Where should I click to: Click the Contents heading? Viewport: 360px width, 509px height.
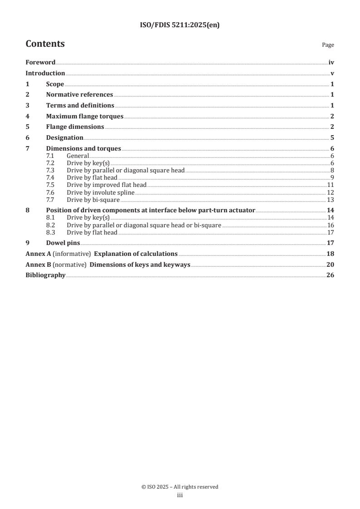[x=45, y=44]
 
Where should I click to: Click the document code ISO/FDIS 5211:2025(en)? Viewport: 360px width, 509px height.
[x=180, y=25]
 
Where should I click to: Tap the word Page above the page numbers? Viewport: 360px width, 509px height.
[x=328, y=45]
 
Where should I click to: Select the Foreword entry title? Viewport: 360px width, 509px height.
[x=40, y=63]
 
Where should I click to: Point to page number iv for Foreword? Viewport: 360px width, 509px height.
[x=331, y=63]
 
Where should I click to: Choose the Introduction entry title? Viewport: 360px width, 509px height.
[x=45, y=73]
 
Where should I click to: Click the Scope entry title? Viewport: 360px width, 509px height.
[x=55, y=84]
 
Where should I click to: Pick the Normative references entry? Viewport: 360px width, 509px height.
[x=79, y=95]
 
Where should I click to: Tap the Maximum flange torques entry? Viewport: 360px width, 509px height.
[x=84, y=116]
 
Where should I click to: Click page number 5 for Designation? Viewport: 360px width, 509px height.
[x=332, y=137]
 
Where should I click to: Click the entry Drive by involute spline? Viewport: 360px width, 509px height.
[x=100, y=193]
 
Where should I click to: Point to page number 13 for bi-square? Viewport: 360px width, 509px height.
[x=330, y=200]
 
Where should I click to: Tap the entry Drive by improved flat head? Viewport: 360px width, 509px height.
[x=107, y=185]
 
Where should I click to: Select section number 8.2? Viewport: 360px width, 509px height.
[x=51, y=225]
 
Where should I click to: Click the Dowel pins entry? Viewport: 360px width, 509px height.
[x=63, y=243]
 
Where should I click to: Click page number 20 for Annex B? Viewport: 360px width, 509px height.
[x=330, y=264]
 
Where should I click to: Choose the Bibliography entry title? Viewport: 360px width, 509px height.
[x=45, y=275]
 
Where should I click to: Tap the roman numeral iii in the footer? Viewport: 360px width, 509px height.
[x=180, y=495]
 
